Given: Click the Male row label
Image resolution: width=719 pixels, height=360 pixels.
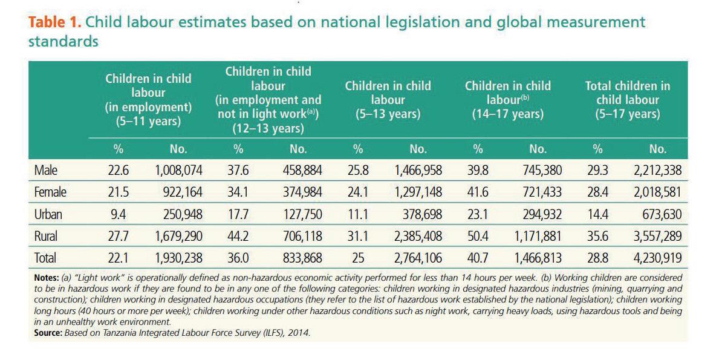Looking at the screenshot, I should pos(46,171).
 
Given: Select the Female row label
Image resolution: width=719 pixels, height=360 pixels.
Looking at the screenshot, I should pos(51,192).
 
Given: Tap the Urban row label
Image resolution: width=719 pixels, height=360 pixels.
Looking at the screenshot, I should pos(48,214).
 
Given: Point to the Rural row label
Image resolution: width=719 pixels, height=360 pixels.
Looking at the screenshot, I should pos(47,236).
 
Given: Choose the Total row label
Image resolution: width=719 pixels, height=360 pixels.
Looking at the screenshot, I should pos(46,258).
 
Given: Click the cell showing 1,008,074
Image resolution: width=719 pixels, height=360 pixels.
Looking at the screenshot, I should pos(178,171).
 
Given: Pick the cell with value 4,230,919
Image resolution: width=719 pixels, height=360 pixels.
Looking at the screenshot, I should pos(657,258).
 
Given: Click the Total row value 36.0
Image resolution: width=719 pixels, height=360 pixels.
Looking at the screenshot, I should pos(238,258).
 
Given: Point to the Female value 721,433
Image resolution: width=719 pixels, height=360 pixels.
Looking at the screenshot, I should pos(538,192).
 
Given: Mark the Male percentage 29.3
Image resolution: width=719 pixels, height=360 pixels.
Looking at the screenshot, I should pos(597,171).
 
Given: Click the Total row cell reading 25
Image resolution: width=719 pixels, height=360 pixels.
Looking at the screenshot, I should pos(358,258).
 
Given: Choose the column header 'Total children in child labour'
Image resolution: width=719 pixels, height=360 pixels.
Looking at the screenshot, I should pos(628,100).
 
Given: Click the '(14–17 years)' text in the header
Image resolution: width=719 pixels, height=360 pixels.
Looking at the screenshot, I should pos(508,114).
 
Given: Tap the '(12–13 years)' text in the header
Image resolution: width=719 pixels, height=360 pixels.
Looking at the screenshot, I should pos(268,128).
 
